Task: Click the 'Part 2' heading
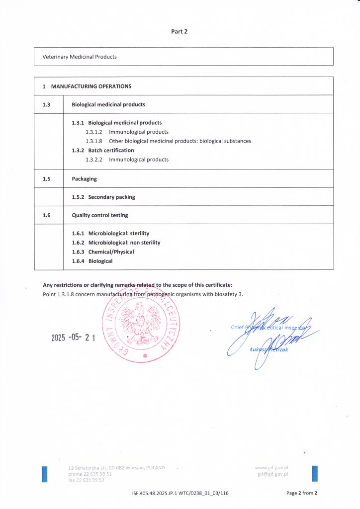coord(180,31)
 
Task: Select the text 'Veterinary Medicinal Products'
coord(80,57)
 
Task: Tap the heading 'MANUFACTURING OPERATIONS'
coord(91,86)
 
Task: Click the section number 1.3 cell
coord(46,104)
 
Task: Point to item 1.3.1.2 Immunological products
coord(127,132)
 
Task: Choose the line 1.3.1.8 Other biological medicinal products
coord(168,141)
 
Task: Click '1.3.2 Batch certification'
coord(103,150)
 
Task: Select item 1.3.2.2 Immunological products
coord(127,160)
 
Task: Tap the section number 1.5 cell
coord(46,178)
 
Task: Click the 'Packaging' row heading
coord(84,178)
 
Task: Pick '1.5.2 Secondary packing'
coord(103,197)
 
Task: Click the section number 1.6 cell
coord(46,215)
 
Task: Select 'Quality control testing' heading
coord(99,215)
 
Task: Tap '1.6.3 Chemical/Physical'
coord(103,252)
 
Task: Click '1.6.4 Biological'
coord(92,261)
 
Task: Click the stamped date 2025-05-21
coord(73,338)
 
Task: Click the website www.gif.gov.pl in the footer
coord(272,468)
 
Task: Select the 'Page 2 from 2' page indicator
coord(302,493)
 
